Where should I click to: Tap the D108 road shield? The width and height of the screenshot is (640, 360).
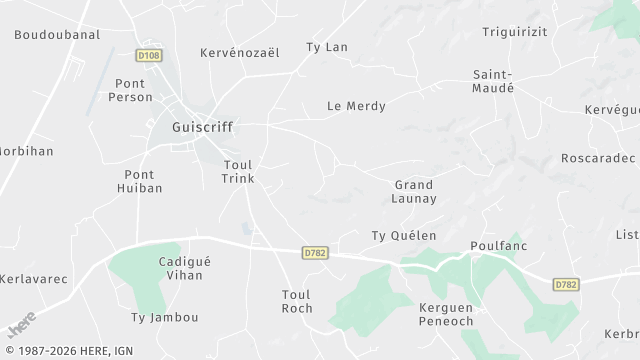[x=148, y=56]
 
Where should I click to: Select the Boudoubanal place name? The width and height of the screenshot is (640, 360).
[x=57, y=34]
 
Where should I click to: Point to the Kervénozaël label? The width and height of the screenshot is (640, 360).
[x=240, y=52]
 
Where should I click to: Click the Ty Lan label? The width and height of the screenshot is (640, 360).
[x=326, y=47]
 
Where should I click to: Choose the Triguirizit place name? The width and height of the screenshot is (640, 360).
[x=515, y=33]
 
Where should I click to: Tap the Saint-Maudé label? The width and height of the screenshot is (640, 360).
[x=493, y=81]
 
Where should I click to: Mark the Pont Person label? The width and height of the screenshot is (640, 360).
[x=133, y=90]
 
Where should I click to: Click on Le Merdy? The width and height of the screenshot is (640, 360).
[x=356, y=106]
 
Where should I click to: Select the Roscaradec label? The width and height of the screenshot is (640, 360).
[x=598, y=158]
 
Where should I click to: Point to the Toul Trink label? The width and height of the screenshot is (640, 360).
[x=238, y=171]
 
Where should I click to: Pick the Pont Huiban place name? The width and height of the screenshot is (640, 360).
[x=139, y=180]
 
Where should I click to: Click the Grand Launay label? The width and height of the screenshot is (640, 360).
[x=414, y=191]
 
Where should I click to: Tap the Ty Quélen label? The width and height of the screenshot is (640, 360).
[x=404, y=236]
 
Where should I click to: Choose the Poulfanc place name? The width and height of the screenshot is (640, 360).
[x=498, y=246]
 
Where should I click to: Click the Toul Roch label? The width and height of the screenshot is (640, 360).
[x=297, y=301]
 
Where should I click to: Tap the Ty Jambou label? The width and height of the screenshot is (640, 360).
[x=165, y=318]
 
